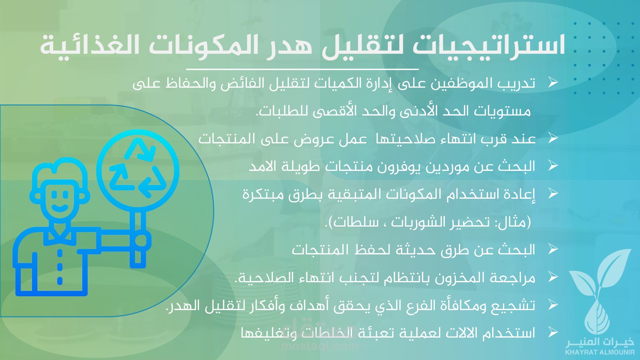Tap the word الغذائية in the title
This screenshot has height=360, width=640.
coord(90,44)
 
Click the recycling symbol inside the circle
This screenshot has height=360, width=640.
coord(138,168)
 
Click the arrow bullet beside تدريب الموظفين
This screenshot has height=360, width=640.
coord(553,82)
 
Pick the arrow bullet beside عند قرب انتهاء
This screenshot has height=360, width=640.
coord(553,138)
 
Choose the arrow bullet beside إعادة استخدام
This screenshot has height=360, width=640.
coord(553,193)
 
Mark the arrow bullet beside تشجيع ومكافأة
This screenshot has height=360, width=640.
coord(553,305)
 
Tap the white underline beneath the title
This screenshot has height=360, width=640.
coord(302,69)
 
